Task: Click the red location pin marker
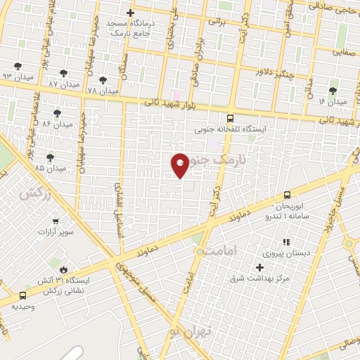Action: click(180, 164)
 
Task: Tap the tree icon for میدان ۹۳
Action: click(18, 65)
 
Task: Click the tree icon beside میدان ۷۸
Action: click(103, 80)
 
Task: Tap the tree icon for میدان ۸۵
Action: click(49, 158)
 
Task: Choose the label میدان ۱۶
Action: click(333, 103)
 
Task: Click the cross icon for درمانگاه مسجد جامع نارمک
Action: click(129, 13)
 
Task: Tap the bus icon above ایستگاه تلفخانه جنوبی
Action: click(231, 118)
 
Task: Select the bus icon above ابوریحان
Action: click(287, 195)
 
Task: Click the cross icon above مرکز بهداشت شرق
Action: click(259, 267)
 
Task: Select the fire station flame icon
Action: click(65, 269)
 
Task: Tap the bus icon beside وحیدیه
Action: click(23, 296)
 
